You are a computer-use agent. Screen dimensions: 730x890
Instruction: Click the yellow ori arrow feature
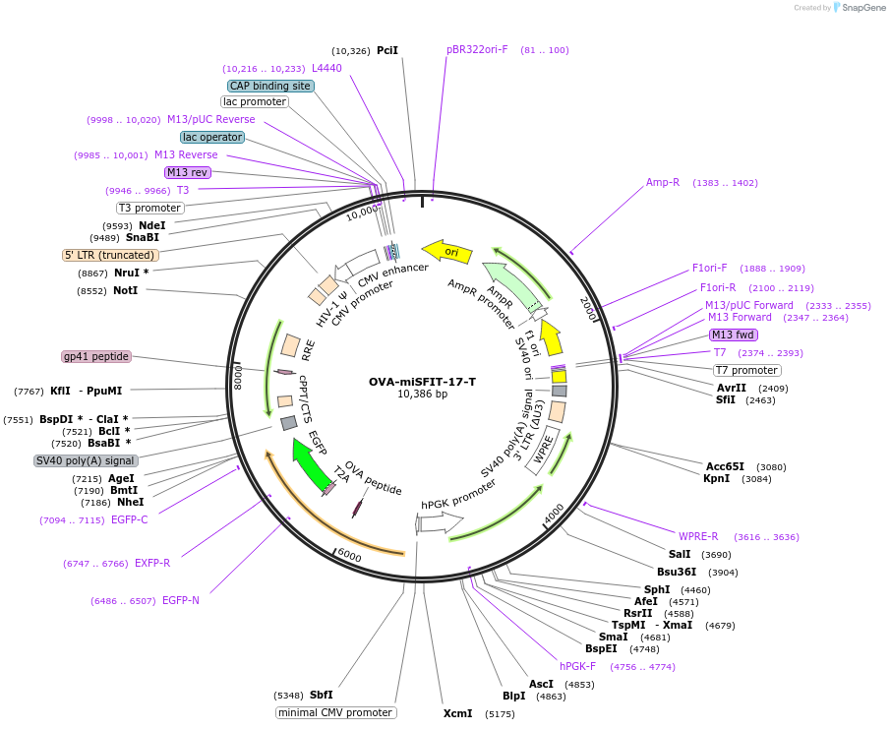pyautogui.click(x=446, y=252)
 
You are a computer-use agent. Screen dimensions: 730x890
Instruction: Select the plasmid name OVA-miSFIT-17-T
pyautogui.click(x=422, y=382)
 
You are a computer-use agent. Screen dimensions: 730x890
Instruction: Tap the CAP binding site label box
pyautogui.click(x=270, y=86)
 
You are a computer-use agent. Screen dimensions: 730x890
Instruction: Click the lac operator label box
pyautogui.click(x=211, y=137)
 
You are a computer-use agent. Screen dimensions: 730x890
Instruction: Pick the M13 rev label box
pyautogui.click(x=187, y=172)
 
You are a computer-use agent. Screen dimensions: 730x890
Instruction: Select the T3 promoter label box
pyautogui.click(x=149, y=208)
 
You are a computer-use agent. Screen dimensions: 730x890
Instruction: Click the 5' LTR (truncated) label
pyautogui.click(x=109, y=255)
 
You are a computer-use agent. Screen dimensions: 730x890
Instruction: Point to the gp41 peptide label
pyautogui.click(x=96, y=356)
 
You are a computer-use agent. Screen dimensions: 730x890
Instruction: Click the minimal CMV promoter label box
pyautogui.click(x=335, y=712)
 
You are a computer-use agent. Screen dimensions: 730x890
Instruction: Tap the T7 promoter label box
pyautogui.click(x=746, y=370)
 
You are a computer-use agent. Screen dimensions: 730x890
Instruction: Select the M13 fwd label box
pyautogui.click(x=734, y=335)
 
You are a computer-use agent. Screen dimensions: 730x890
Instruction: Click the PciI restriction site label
pyautogui.click(x=387, y=50)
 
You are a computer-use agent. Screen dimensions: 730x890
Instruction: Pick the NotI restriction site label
pyautogui.click(x=125, y=291)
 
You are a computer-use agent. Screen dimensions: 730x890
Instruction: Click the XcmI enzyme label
pyautogui.click(x=457, y=713)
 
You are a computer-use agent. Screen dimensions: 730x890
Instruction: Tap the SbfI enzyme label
pyautogui.click(x=322, y=695)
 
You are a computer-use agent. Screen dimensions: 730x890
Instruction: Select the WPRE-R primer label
pyautogui.click(x=698, y=537)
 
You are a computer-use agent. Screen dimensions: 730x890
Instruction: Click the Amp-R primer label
pyautogui.click(x=663, y=183)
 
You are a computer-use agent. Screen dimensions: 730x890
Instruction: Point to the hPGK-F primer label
pyautogui.click(x=577, y=666)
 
